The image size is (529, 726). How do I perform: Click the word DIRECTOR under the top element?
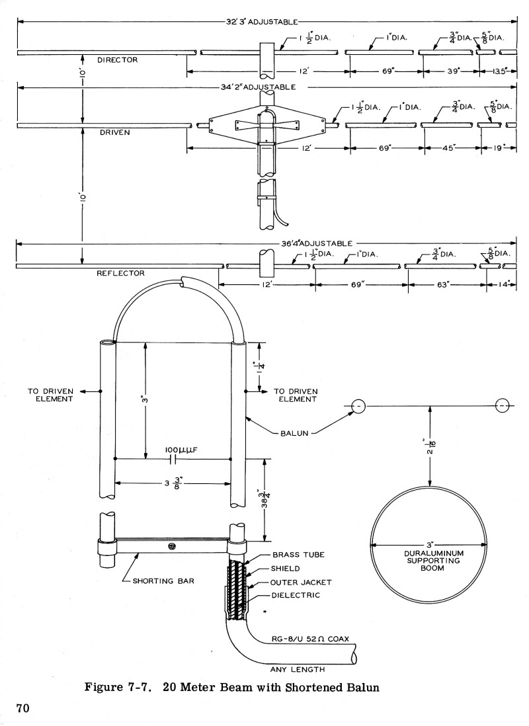click(x=117, y=60)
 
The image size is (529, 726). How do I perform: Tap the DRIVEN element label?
click(x=114, y=132)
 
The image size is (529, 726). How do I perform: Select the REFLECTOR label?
click(x=120, y=272)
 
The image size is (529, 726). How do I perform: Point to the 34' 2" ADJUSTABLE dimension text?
click(x=259, y=87)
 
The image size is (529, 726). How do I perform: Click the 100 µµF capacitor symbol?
click(x=173, y=458)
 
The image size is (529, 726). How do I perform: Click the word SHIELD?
click(x=285, y=569)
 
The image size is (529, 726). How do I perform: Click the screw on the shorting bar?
click(x=172, y=546)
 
